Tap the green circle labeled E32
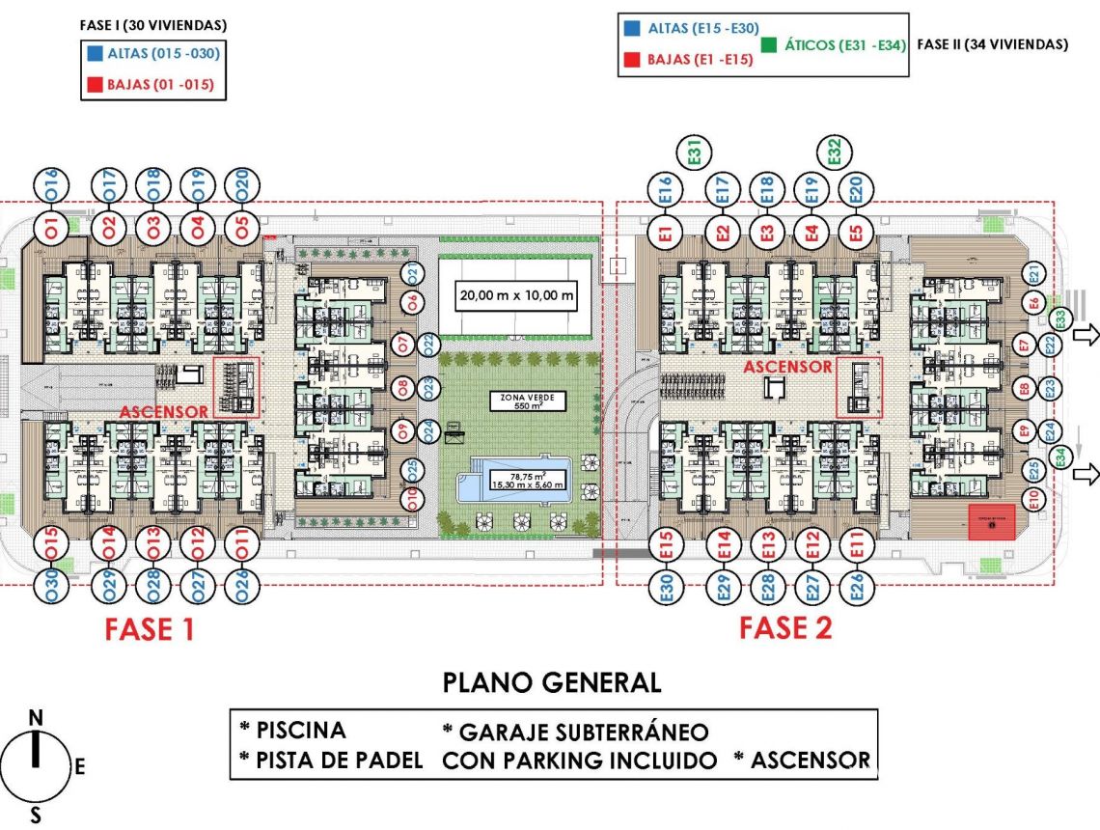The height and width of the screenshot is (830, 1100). click(835, 152)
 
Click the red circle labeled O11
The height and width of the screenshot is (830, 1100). click(242, 545)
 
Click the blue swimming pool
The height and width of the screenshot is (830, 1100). click(515, 480)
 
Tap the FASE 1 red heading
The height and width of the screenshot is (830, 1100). click(150, 629)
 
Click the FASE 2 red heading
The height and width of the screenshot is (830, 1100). click(785, 628)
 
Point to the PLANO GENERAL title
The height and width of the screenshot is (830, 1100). click(552, 683)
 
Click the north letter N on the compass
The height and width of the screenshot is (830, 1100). click(36, 717)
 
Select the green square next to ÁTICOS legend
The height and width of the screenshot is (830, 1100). click(769, 44)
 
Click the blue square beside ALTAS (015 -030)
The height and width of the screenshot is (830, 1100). click(96, 54)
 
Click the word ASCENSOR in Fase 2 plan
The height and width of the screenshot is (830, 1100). click(787, 367)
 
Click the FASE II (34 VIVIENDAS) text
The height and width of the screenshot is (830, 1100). click(992, 44)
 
